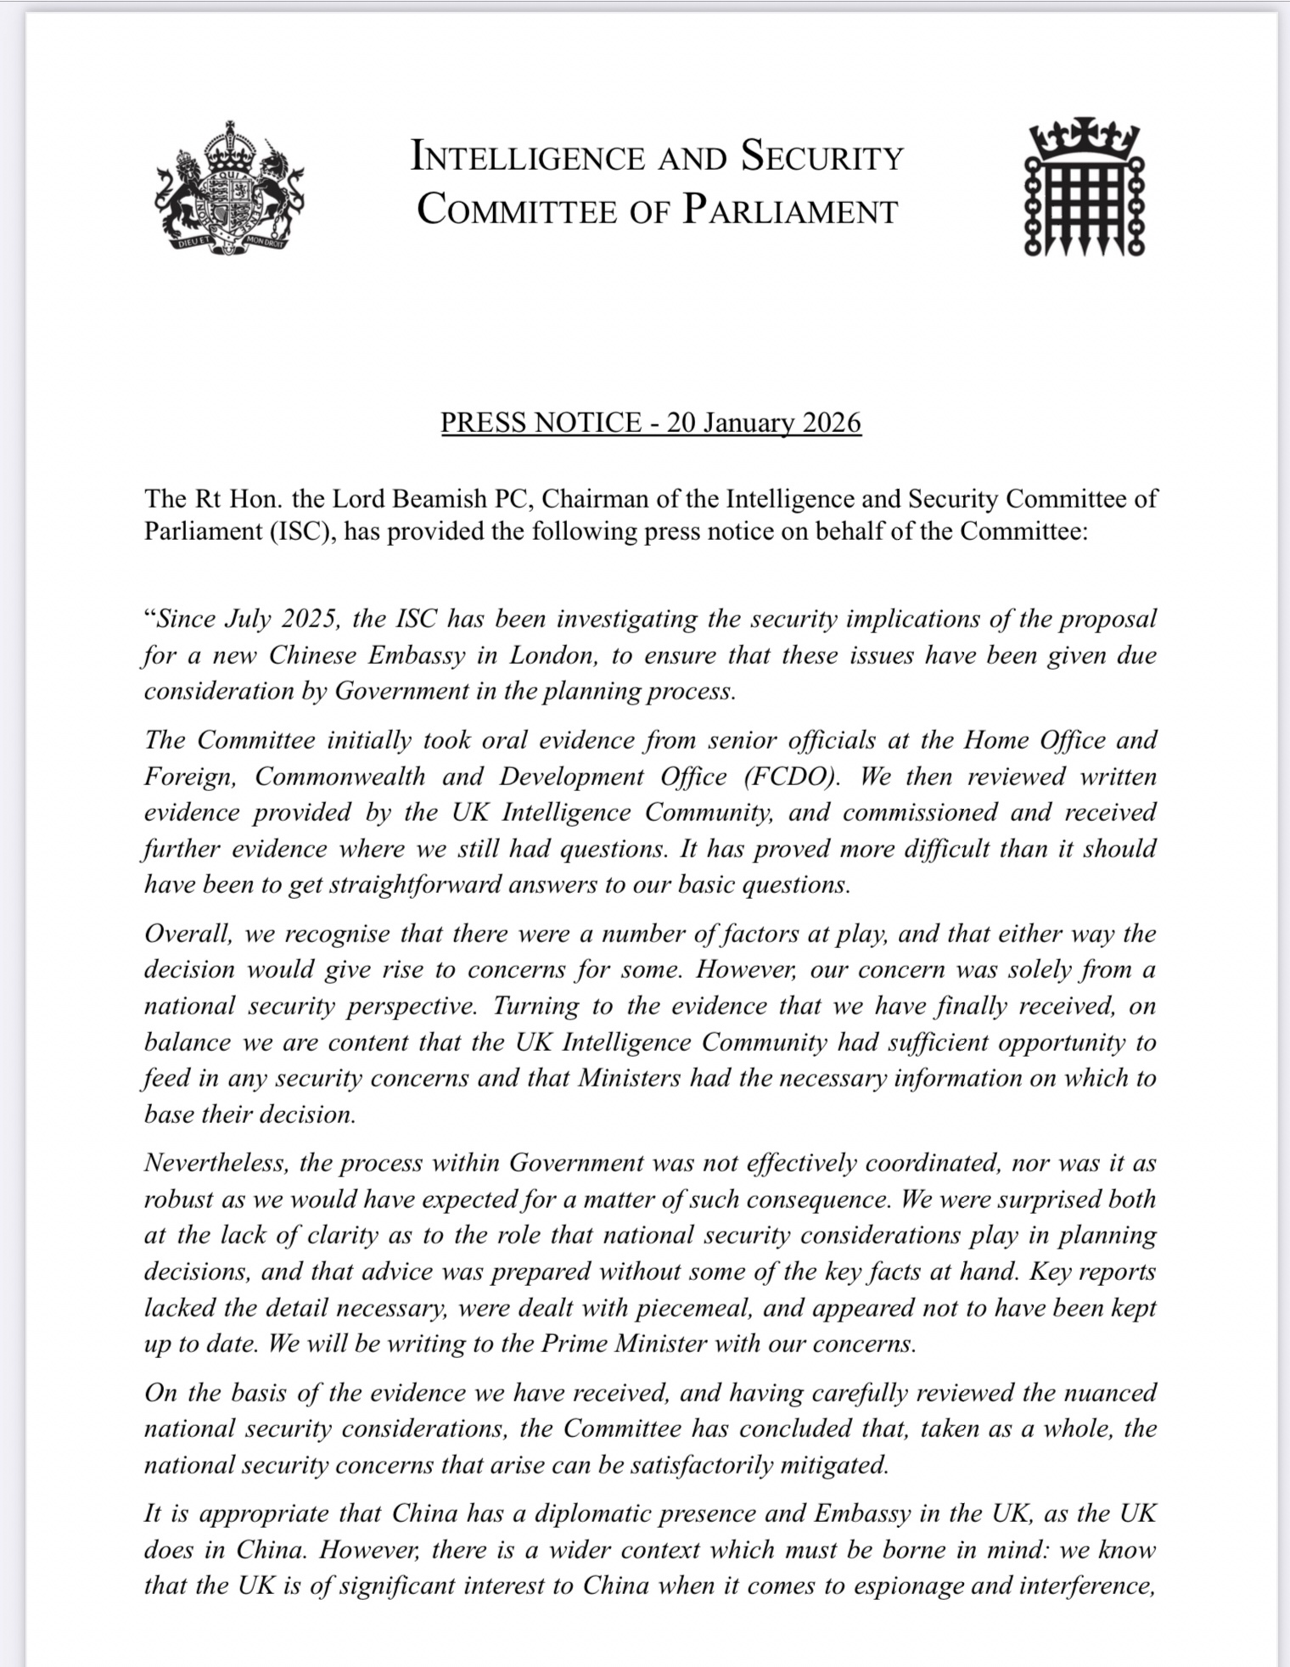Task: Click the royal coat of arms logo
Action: point(228,189)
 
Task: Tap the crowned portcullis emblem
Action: point(1084,189)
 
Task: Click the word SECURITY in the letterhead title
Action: point(822,157)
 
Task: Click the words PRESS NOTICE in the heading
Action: point(541,423)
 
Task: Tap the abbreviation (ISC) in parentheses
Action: point(293,531)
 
